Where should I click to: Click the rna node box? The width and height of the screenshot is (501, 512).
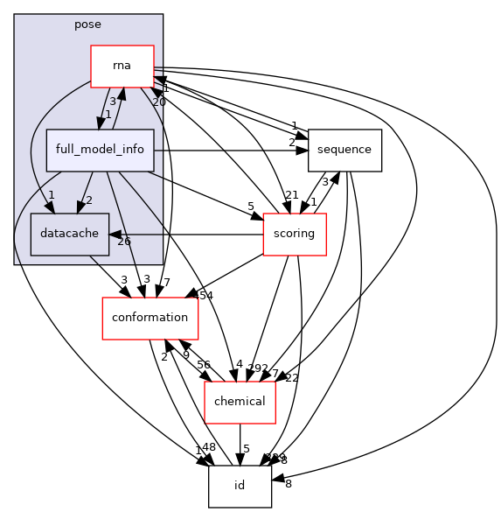click(122, 67)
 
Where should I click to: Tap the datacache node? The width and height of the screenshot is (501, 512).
click(58, 234)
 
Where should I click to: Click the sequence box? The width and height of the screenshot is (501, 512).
click(344, 150)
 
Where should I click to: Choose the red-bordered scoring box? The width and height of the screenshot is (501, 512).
click(295, 234)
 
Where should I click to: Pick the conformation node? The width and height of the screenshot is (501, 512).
click(150, 318)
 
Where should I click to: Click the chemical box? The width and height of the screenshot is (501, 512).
click(240, 401)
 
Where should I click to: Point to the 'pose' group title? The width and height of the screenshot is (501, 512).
click(88, 25)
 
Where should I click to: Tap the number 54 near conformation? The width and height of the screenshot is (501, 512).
click(205, 297)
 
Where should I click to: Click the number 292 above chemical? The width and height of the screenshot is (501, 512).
click(258, 368)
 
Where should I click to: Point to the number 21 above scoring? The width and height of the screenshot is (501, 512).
click(290, 194)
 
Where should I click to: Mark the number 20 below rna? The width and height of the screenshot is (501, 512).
click(158, 102)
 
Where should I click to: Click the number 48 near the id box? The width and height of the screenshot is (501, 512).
click(208, 447)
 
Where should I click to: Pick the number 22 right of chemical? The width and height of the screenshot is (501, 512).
click(291, 377)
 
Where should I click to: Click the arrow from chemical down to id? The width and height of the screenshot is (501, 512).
click(240, 443)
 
